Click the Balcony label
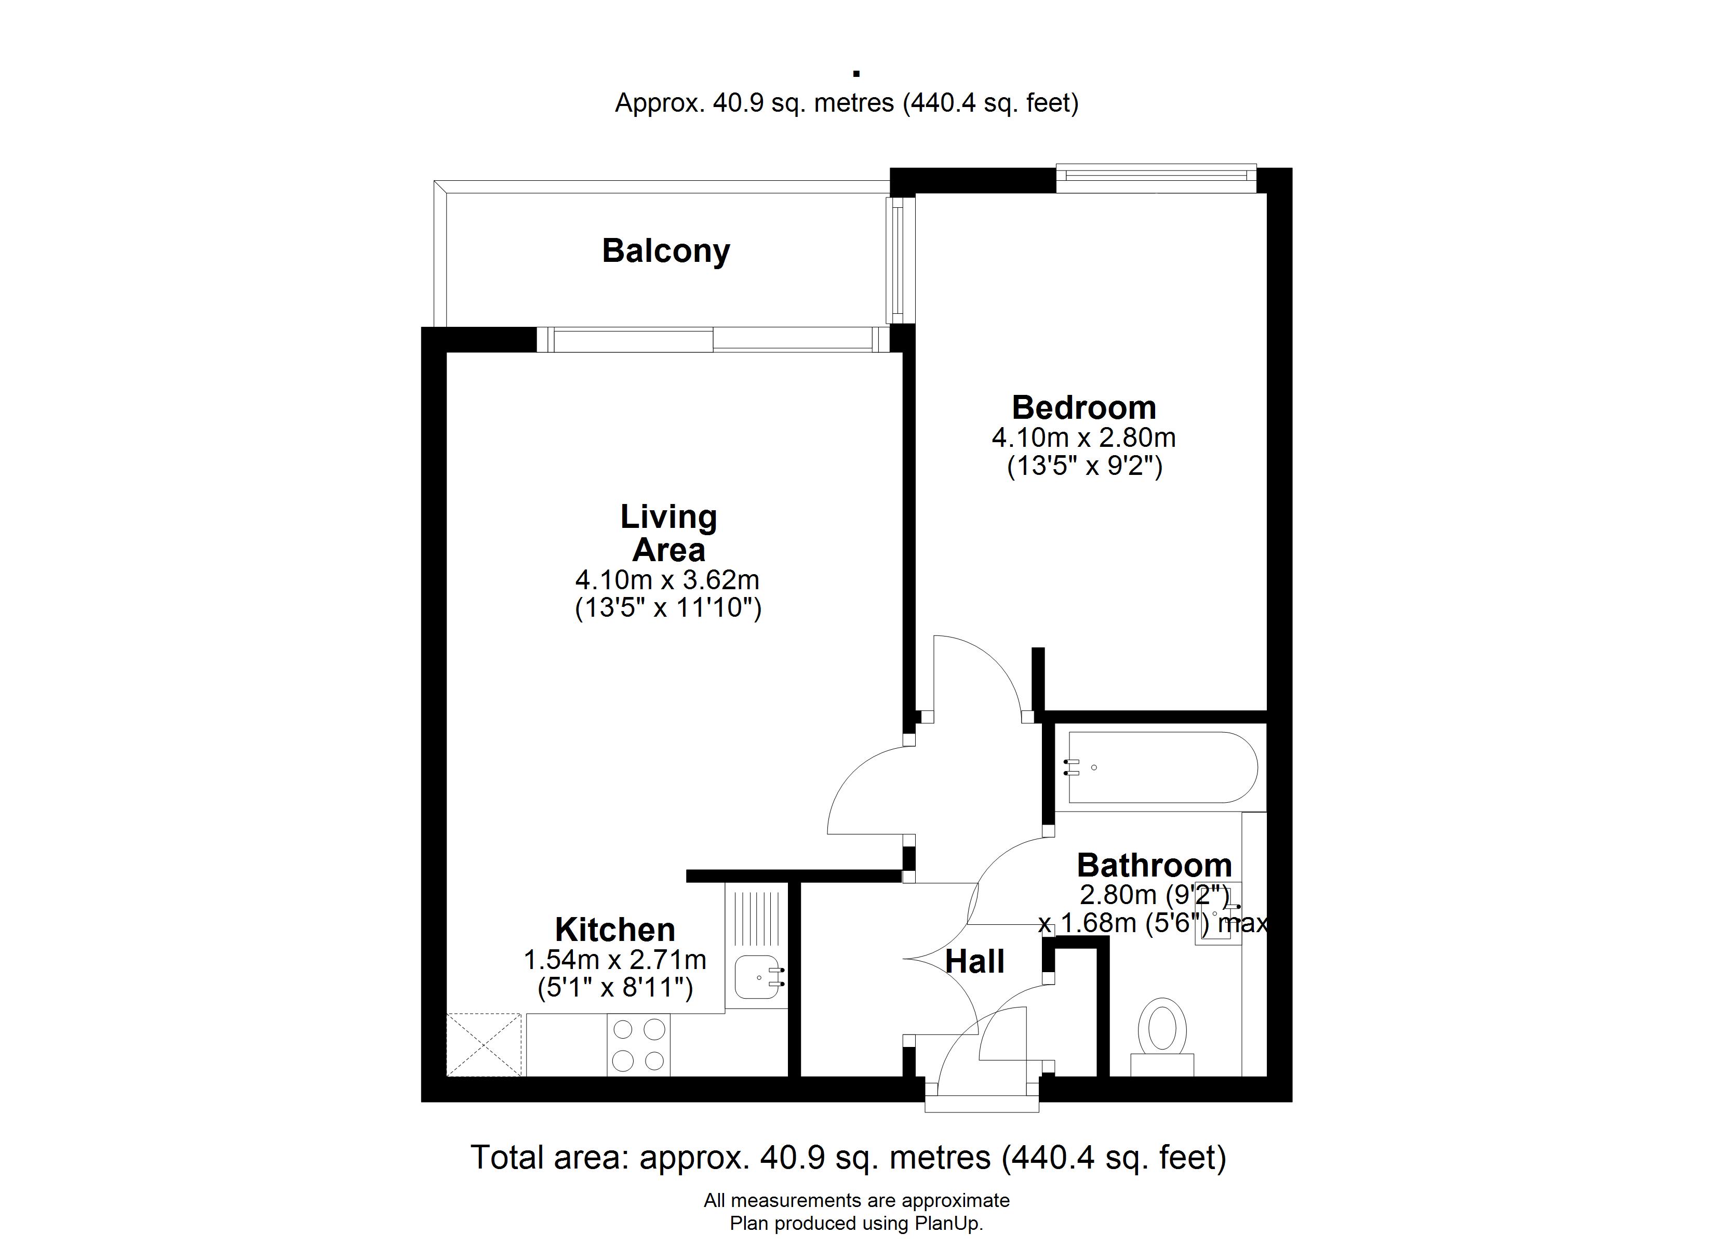tap(666, 251)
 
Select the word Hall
tap(975, 962)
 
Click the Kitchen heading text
tap(615, 930)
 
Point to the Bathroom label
tap(1154, 865)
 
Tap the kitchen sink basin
tap(757, 977)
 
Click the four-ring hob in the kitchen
tap(638, 1045)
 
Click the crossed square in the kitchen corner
tap(484, 1044)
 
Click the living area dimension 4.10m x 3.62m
tap(667, 580)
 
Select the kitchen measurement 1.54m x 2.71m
tap(615, 960)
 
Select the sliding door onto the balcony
tap(714, 339)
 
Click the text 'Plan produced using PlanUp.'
tap(856, 1224)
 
